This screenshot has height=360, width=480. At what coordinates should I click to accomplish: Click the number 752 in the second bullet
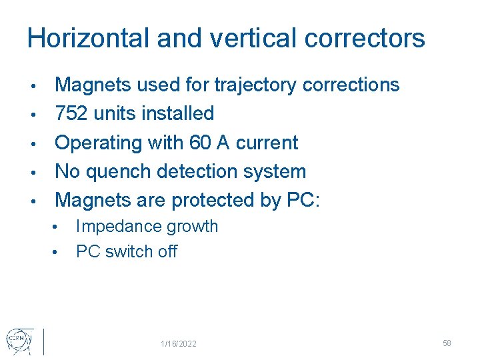tap(71, 114)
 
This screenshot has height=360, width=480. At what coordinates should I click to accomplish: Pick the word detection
tap(198, 171)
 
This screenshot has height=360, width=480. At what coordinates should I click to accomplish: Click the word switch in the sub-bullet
tap(127, 252)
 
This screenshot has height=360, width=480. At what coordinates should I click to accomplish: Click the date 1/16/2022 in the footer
tap(179, 343)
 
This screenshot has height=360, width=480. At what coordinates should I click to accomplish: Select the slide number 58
tap(447, 343)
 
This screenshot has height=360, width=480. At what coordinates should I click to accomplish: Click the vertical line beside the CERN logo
tap(43, 341)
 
